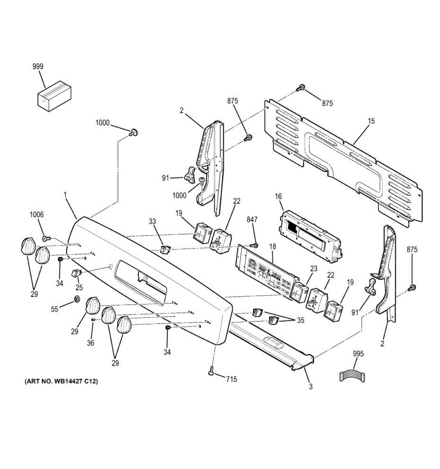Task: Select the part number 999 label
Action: [38, 66]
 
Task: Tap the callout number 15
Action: [371, 121]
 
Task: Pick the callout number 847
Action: [252, 220]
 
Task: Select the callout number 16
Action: [279, 197]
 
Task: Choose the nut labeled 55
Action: [77, 300]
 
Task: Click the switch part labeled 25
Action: [76, 273]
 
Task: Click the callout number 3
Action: [310, 387]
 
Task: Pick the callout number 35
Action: [300, 320]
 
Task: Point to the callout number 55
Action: [55, 309]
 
